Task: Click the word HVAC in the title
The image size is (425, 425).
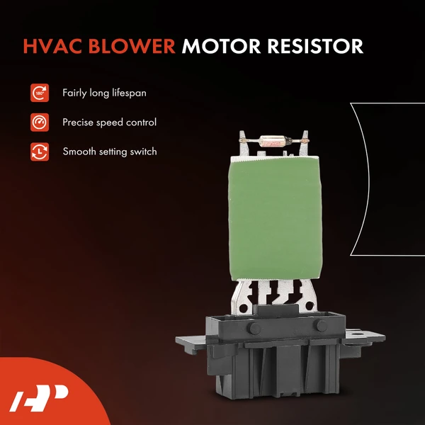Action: [x=50, y=46]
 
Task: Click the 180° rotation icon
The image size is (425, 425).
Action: [x=38, y=93]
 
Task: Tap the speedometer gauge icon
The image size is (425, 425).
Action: [x=38, y=122]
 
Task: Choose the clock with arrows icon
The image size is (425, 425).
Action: [x=38, y=151]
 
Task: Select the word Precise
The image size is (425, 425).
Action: [x=79, y=122]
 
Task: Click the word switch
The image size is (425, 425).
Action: [x=142, y=151]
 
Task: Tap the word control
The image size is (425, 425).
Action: [x=140, y=122]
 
